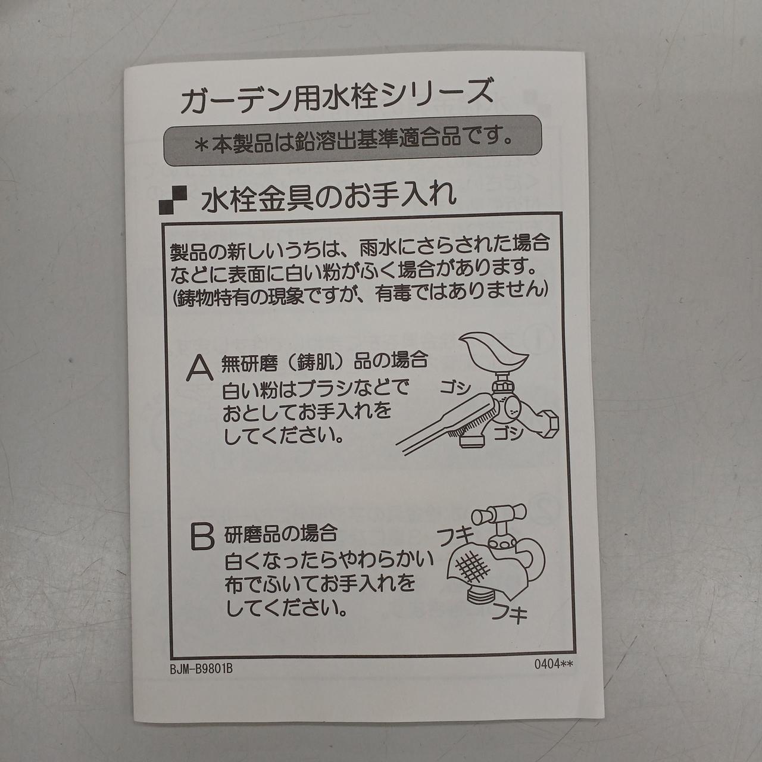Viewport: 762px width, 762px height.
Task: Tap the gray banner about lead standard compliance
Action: click(352, 140)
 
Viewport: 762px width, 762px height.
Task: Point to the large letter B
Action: click(202, 536)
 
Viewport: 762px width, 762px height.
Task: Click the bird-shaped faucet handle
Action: click(495, 353)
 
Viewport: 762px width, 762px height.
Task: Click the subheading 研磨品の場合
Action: click(280, 533)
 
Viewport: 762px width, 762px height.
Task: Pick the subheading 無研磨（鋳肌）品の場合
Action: click(324, 361)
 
